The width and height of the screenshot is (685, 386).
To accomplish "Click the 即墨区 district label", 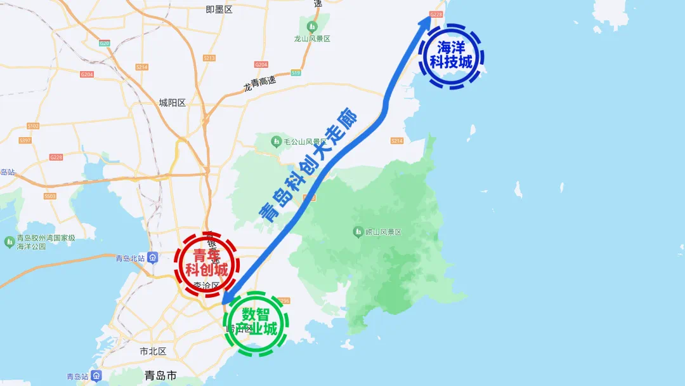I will click(x=219, y=9).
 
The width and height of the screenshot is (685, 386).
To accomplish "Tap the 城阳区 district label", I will click(x=172, y=103).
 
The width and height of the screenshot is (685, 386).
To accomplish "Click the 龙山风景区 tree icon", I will click(x=311, y=27).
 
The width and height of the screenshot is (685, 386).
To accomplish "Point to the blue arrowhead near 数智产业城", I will click(x=227, y=296).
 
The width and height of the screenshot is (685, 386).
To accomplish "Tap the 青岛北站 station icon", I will click(x=153, y=258).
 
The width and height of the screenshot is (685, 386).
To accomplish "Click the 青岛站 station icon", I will click(x=96, y=375).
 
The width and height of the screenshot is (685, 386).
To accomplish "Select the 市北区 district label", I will click(x=152, y=351).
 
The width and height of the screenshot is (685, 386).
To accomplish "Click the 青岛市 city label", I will click(x=160, y=375).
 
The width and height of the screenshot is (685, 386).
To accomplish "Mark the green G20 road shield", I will click(x=105, y=43).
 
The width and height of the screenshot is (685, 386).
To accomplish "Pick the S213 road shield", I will click(x=209, y=58).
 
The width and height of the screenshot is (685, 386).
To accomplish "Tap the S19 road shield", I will click(x=296, y=73).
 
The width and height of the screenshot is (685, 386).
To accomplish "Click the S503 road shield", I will click(x=50, y=196).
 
